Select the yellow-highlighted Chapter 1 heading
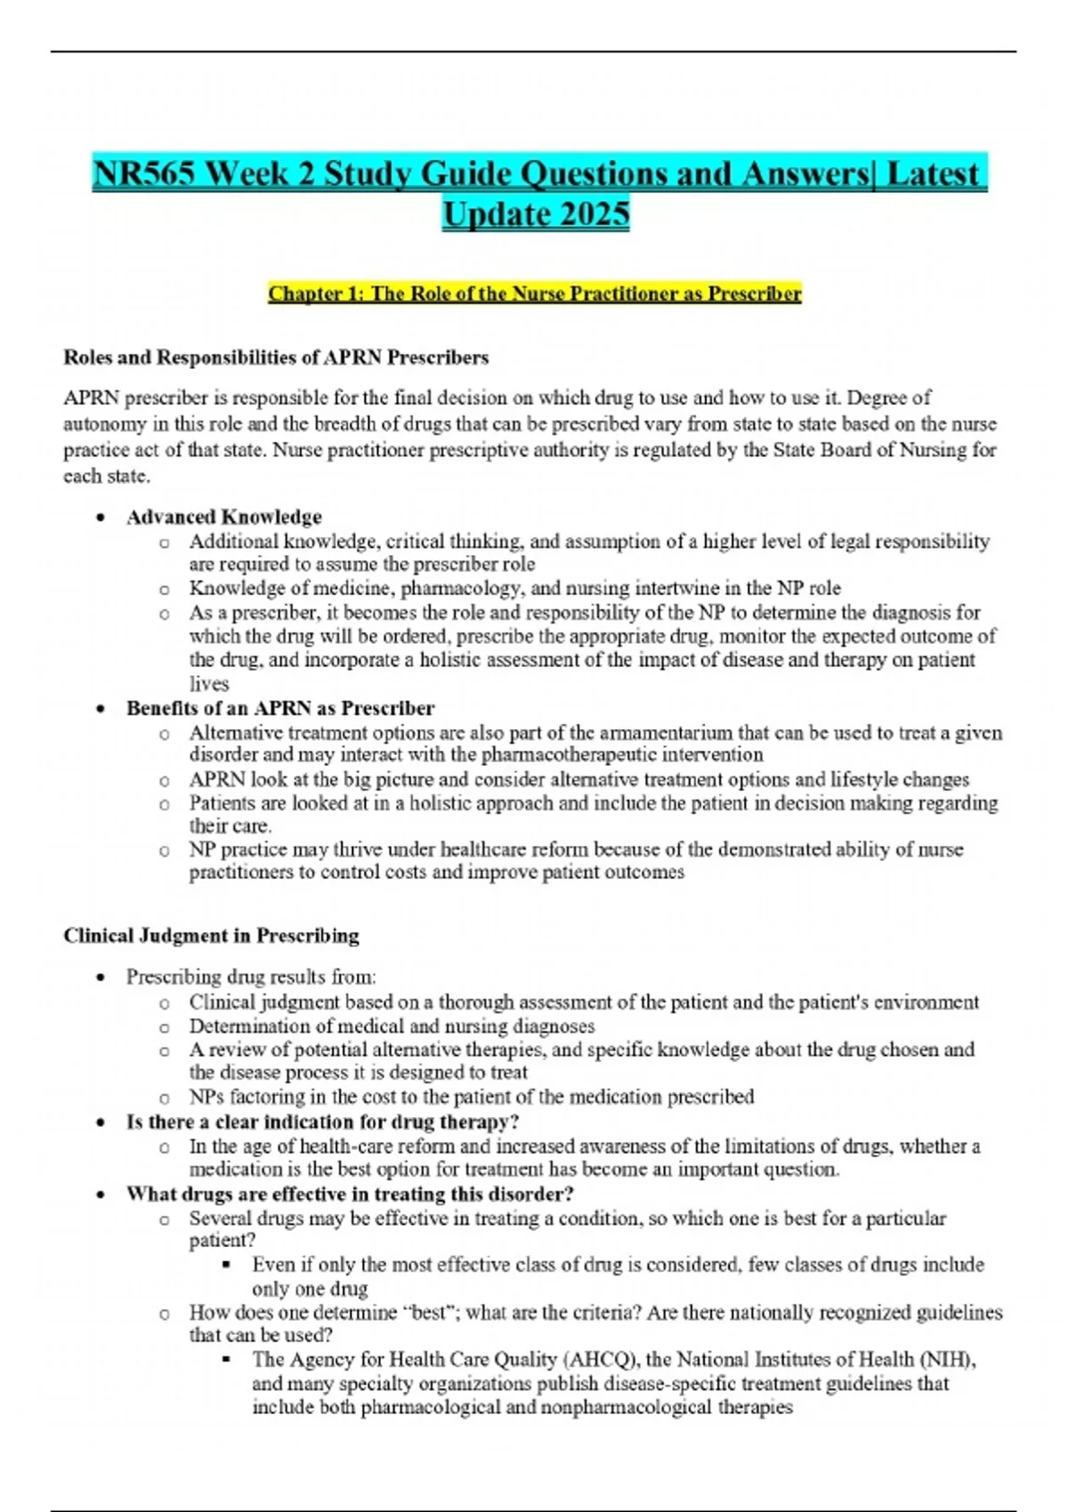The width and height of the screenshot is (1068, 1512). tap(534, 294)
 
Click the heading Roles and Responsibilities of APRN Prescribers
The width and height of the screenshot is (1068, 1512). tap(276, 358)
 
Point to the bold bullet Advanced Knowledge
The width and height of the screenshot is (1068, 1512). tap(223, 517)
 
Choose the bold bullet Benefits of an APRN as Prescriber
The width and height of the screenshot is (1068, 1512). tap(279, 708)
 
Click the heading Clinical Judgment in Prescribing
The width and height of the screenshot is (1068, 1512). tap(211, 936)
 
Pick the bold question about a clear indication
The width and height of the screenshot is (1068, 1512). tap(322, 1122)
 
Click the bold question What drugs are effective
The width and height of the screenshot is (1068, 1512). tap(349, 1194)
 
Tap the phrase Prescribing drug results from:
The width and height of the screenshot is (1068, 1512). tap(251, 977)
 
